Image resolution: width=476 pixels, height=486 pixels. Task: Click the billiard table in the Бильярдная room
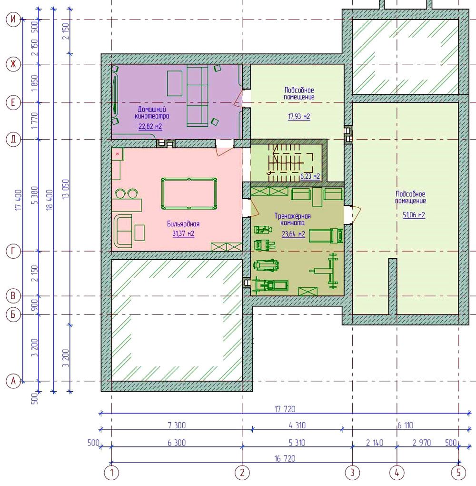[189, 194]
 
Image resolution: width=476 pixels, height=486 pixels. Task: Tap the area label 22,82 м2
[150, 126]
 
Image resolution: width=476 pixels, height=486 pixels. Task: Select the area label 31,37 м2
[183, 233]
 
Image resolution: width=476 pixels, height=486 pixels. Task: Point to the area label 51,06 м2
[414, 215]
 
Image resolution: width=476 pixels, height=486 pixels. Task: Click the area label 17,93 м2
[299, 117]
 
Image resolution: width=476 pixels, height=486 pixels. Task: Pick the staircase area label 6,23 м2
[310, 177]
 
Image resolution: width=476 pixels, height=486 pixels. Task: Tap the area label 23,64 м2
[293, 234]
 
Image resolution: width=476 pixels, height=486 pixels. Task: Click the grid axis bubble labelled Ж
[13, 64]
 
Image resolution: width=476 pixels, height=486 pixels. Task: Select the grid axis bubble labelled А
[13, 381]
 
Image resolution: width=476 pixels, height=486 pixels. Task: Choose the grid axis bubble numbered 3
[352, 473]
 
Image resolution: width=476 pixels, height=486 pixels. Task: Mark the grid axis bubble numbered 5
[458, 473]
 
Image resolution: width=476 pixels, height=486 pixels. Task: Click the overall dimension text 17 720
[285, 409]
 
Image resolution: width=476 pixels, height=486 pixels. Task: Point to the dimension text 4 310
[297, 425]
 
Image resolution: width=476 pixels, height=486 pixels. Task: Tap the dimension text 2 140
[375, 443]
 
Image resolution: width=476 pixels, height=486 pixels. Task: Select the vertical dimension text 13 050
[66, 189]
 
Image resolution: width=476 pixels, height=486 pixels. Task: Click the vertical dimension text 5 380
[35, 195]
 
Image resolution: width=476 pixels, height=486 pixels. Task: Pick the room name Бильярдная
[183, 224]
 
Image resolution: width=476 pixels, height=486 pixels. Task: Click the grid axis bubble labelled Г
[13, 251]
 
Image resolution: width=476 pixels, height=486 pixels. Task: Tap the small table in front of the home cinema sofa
[175, 83]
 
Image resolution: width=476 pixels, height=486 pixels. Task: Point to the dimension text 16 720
[285, 458]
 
